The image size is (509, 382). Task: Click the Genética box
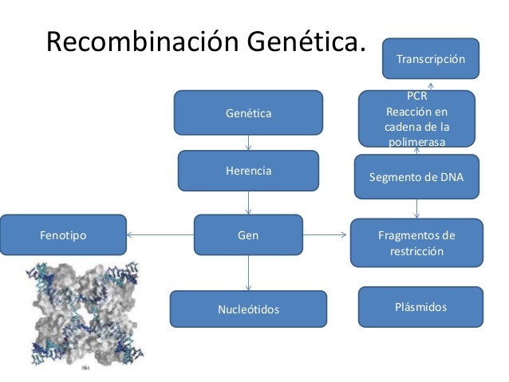tap(248, 113)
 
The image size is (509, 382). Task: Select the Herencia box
tap(248, 171)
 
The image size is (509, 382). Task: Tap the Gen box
tap(248, 235)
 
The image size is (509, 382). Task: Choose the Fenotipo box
tap(63, 235)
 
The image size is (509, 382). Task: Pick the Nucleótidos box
tap(248, 309)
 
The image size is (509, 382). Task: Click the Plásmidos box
tap(420, 307)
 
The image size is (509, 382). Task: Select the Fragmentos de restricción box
tap(416, 243)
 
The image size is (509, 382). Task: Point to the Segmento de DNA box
tap(416, 177)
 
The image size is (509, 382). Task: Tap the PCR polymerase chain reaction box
tap(416, 119)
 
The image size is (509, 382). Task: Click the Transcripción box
tap(430, 59)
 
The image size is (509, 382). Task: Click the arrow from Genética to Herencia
tap(249, 142)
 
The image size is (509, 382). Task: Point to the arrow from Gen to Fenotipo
tap(160, 235)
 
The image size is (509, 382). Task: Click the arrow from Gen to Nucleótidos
tap(249, 273)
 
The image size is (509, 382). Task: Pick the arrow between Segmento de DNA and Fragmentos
tap(417, 208)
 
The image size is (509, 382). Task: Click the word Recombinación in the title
tap(142, 42)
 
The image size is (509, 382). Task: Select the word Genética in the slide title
tap(305, 42)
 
